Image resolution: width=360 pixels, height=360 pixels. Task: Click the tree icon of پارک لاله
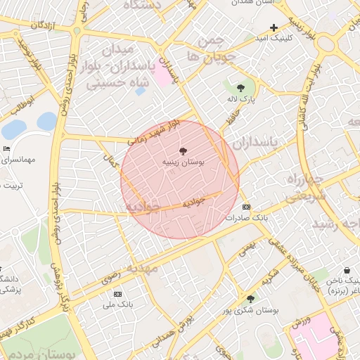coord(241,89)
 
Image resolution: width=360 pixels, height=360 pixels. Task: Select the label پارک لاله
coord(241,101)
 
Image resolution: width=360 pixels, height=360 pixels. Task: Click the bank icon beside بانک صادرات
coord(246,207)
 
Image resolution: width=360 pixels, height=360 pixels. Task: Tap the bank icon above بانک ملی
coord(117,294)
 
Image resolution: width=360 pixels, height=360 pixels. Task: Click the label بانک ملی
coord(117,305)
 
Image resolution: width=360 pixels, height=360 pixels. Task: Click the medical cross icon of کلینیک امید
coord(274,27)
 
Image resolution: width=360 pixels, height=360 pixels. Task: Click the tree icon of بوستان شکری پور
coord(251,299)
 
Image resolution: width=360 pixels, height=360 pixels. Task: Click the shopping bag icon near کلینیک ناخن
coord(347,270)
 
